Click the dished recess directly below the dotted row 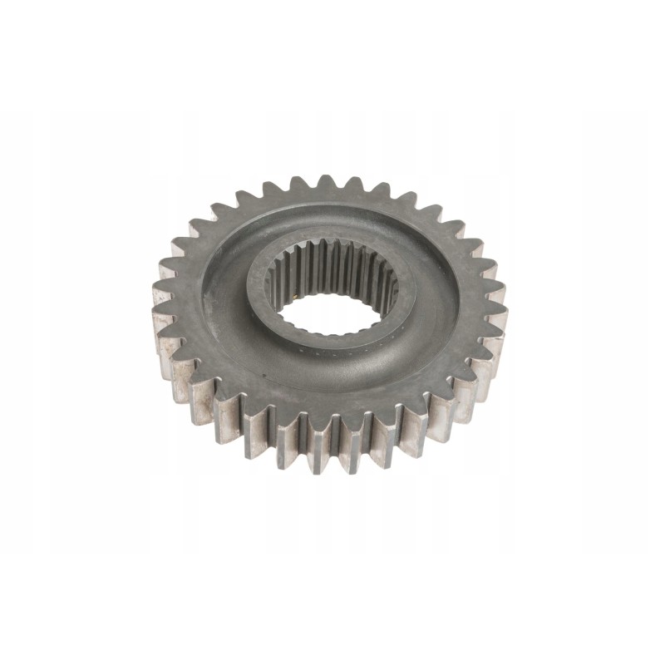click(332, 378)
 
